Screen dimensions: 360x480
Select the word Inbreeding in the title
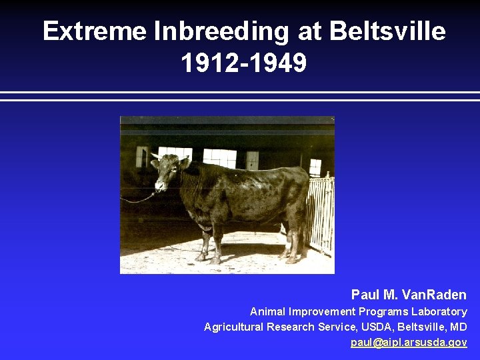coord(222,31)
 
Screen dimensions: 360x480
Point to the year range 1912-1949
coord(243,63)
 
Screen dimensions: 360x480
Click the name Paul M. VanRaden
coord(409,295)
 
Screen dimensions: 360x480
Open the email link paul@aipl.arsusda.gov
coord(409,342)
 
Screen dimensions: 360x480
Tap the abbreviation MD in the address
coord(458,327)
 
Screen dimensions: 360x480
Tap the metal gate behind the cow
coord(321,213)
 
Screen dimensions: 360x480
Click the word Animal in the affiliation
coord(267,311)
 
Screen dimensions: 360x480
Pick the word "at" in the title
coord(309,31)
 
